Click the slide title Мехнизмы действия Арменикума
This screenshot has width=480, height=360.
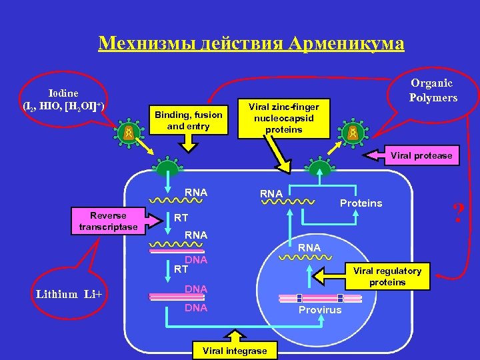(x=251, y=43)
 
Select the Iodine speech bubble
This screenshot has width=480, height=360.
(x=63, y=100)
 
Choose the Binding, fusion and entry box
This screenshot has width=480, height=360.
(x=189, y=121)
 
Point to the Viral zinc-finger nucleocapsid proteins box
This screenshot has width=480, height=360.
(x=284, y=118)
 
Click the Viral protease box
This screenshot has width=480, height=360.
(x=421, y=156)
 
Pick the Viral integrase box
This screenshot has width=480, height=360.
(x=234, y=350)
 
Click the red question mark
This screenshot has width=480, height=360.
(x=458, y=214)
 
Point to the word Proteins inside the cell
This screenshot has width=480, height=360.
(x=361, y=203)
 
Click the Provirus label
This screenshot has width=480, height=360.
(x=320, y=310)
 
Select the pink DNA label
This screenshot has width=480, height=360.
(x=196, y=259)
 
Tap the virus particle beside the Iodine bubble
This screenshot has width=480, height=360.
(x=128, y=132)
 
